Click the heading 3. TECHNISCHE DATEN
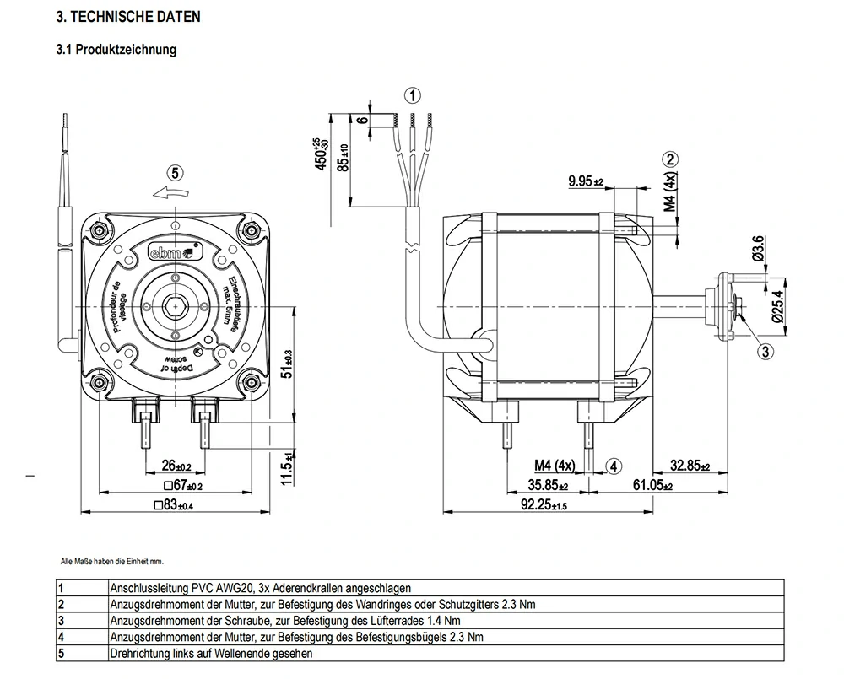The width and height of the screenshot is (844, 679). point(128,17)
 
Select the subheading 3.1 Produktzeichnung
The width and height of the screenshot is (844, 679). point(116,50)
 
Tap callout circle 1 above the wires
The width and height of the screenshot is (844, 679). point(411,94)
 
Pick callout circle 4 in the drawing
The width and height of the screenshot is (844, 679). point(614,465)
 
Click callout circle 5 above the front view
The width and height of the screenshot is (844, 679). point(175,173)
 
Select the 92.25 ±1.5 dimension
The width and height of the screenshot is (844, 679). point(544,505)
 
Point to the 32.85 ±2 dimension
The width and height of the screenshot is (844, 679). point(690,466)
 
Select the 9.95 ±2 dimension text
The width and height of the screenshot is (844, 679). point(586,181)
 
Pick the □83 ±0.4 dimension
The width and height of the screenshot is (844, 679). point(174,506)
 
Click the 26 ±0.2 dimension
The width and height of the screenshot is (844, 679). point(176,466)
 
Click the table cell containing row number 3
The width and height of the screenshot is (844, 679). point(62,621)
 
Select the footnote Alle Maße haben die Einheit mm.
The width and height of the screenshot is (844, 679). point(111,561)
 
